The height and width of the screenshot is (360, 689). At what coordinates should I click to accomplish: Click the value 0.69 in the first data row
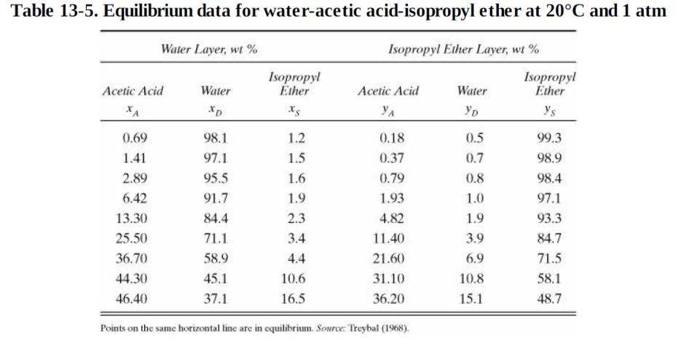coord(133,138)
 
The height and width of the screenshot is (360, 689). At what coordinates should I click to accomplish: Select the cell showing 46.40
coord(132,298)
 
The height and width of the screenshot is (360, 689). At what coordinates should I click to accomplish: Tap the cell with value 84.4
coord(216,218)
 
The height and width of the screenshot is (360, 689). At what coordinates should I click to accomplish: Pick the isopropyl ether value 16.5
coord(293,298)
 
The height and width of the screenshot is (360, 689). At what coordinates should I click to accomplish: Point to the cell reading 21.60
coord(388,258)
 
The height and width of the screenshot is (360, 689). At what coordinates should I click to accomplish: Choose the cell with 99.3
coord(549,138)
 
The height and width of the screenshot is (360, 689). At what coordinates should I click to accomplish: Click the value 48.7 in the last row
coord(549,298)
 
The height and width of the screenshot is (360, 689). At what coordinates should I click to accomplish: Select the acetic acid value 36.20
coord(388,298)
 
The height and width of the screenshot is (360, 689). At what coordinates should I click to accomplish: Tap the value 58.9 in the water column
coord(216,258)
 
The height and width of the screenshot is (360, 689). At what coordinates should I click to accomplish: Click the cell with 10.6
coord(293,278)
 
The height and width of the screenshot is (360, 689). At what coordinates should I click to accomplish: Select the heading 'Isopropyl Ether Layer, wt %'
coord(464,49)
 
